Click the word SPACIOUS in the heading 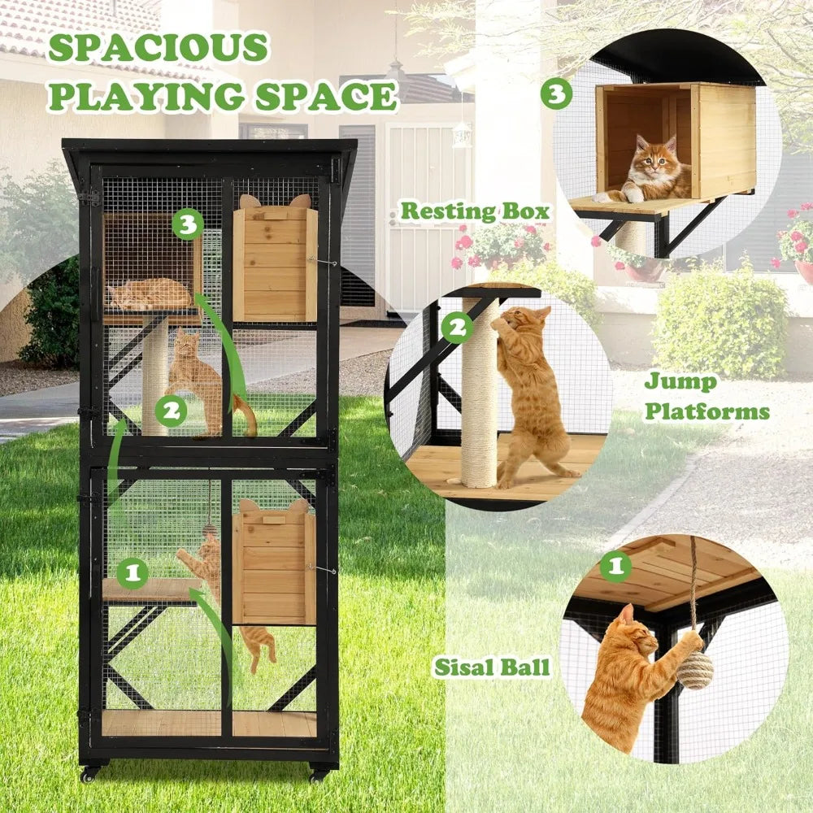pyautogui.click(x=157, y=49)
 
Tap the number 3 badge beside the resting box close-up pyautogui.click(x=556, y=93)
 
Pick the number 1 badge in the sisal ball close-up pyautogui.click(x=615, y=567)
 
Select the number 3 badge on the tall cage pyautogui.click(x=188, y=224)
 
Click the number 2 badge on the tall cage pyautogui.click(x=170, y=411)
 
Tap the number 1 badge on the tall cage pyautogui.click(x=133, y=574)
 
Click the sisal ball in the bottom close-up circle pyautogui.click(x=695, y=670)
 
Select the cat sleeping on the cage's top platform pyautogui.click(x=150, y=294)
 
